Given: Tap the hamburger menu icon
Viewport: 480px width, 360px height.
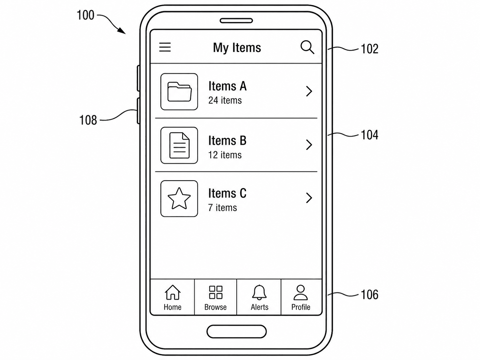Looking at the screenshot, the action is (x=165, y=47).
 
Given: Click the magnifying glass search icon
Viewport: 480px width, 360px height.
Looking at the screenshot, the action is (x=307, y=47).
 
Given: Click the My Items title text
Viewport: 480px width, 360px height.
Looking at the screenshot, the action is (x=237, y=48).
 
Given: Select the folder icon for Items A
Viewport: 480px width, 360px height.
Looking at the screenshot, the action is (x=179, y=91).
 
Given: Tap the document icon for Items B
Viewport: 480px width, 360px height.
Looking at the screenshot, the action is (x=179, y=145).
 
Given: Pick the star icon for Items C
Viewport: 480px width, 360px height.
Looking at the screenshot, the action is (x=179, y=199).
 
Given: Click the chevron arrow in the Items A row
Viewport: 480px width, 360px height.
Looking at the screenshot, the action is (x=309, y=91).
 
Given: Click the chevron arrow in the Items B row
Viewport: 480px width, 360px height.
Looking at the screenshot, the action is (x=309, y=145).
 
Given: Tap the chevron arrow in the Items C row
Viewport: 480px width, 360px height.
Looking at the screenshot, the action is (x=309, y=198).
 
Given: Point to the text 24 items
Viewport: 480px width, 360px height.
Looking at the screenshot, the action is (x=225, y=100).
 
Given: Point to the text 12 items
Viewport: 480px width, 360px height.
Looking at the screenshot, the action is (x=225, y=155).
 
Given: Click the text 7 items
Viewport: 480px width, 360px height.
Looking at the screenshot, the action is (x=222, y=208).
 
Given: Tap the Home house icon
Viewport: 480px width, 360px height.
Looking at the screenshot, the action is (x=172, y=292).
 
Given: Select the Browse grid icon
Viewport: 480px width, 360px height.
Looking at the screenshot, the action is (x=215, y=292).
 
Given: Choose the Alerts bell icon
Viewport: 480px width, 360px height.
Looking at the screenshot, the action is (x=259, y=292).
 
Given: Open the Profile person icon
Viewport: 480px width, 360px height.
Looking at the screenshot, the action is (x=301, y=292).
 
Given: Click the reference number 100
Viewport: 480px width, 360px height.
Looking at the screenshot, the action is (x=86, y=15).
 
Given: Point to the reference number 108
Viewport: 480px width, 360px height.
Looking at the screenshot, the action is (x=88, y=120).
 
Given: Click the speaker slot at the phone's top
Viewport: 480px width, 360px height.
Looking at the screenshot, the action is (x=236, y=21).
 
